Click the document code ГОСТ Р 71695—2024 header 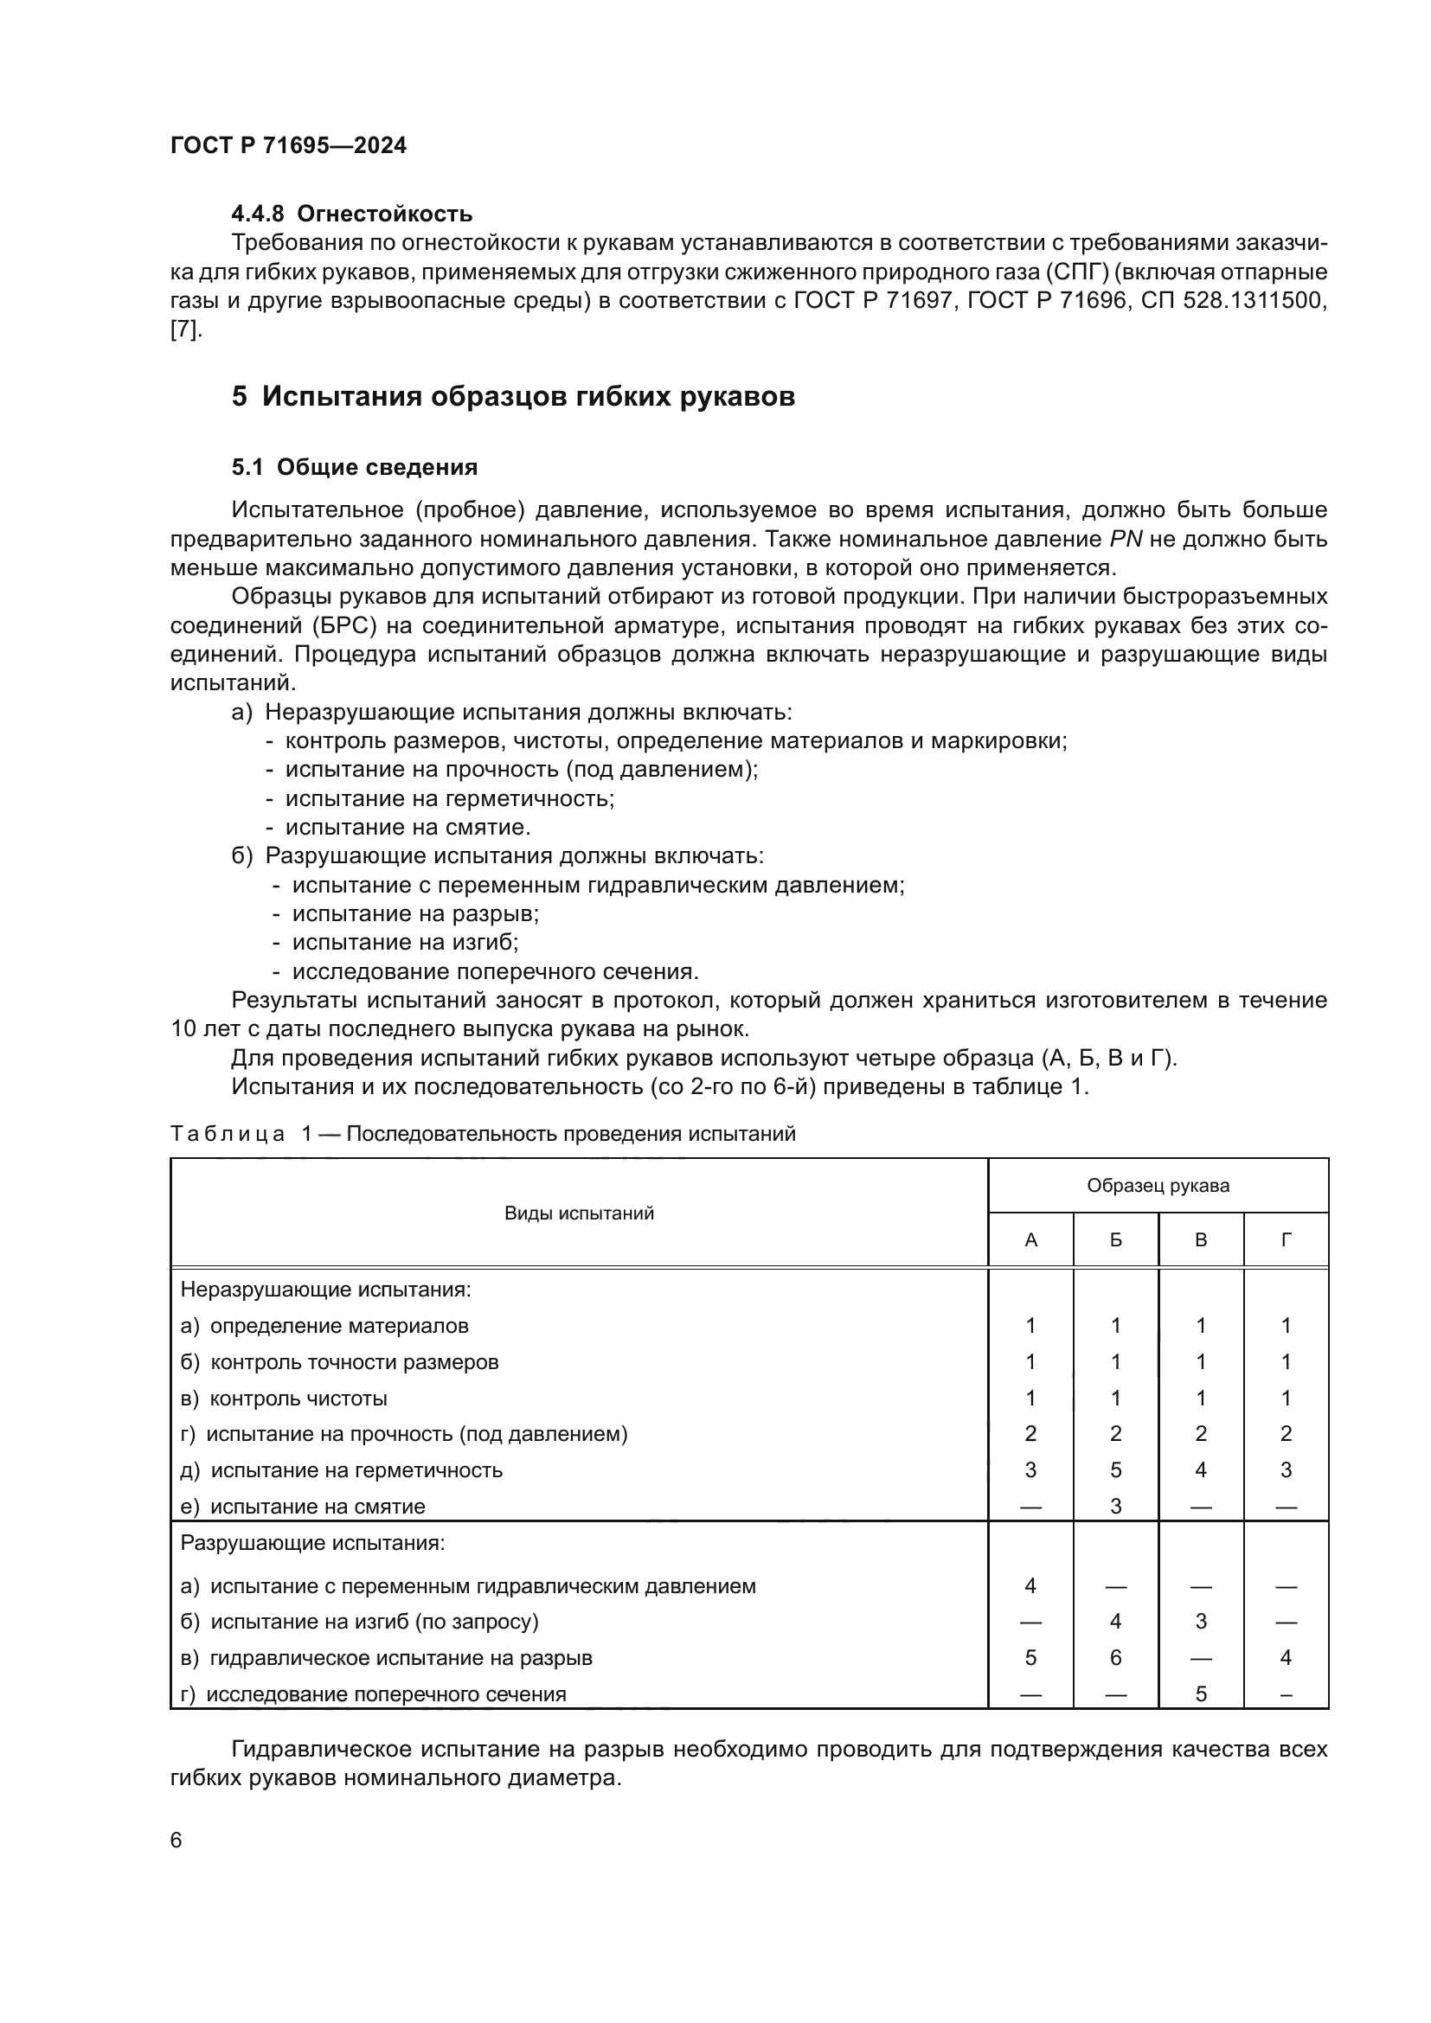pyautogui.click(x=288, y=146)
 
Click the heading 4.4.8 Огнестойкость pyautogui.click(x=351, y=214)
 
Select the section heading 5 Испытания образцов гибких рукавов pyautogui.click(x=513, y=396)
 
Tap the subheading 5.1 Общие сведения pyautogui.click(x=354, y=467)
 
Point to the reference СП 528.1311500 pyautogui.click(x=1234, y=300)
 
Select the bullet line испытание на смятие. pyautogui.click(x=407, y=828)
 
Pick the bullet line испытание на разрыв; pyautogui.click(x=415, y=913)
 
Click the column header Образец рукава pyautogui.click(x=1158, y=1186)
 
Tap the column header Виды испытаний pyautogui.click(x=579, y=1213)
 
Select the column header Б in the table pyautogui.click(x=1115, y=1240)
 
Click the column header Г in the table pyautogui.click(x=1286, y=1240)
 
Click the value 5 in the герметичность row pyautogui.click(x=1115, y=1469)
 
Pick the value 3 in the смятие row pyautogui.click(x=1115, y=1507)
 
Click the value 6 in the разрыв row pyautogui.click(x=1115, y=1658)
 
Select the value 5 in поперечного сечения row pyautogui.click(x=1200, y=1694)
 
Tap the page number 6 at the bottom pyautogui.click(x=176, y=1841)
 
